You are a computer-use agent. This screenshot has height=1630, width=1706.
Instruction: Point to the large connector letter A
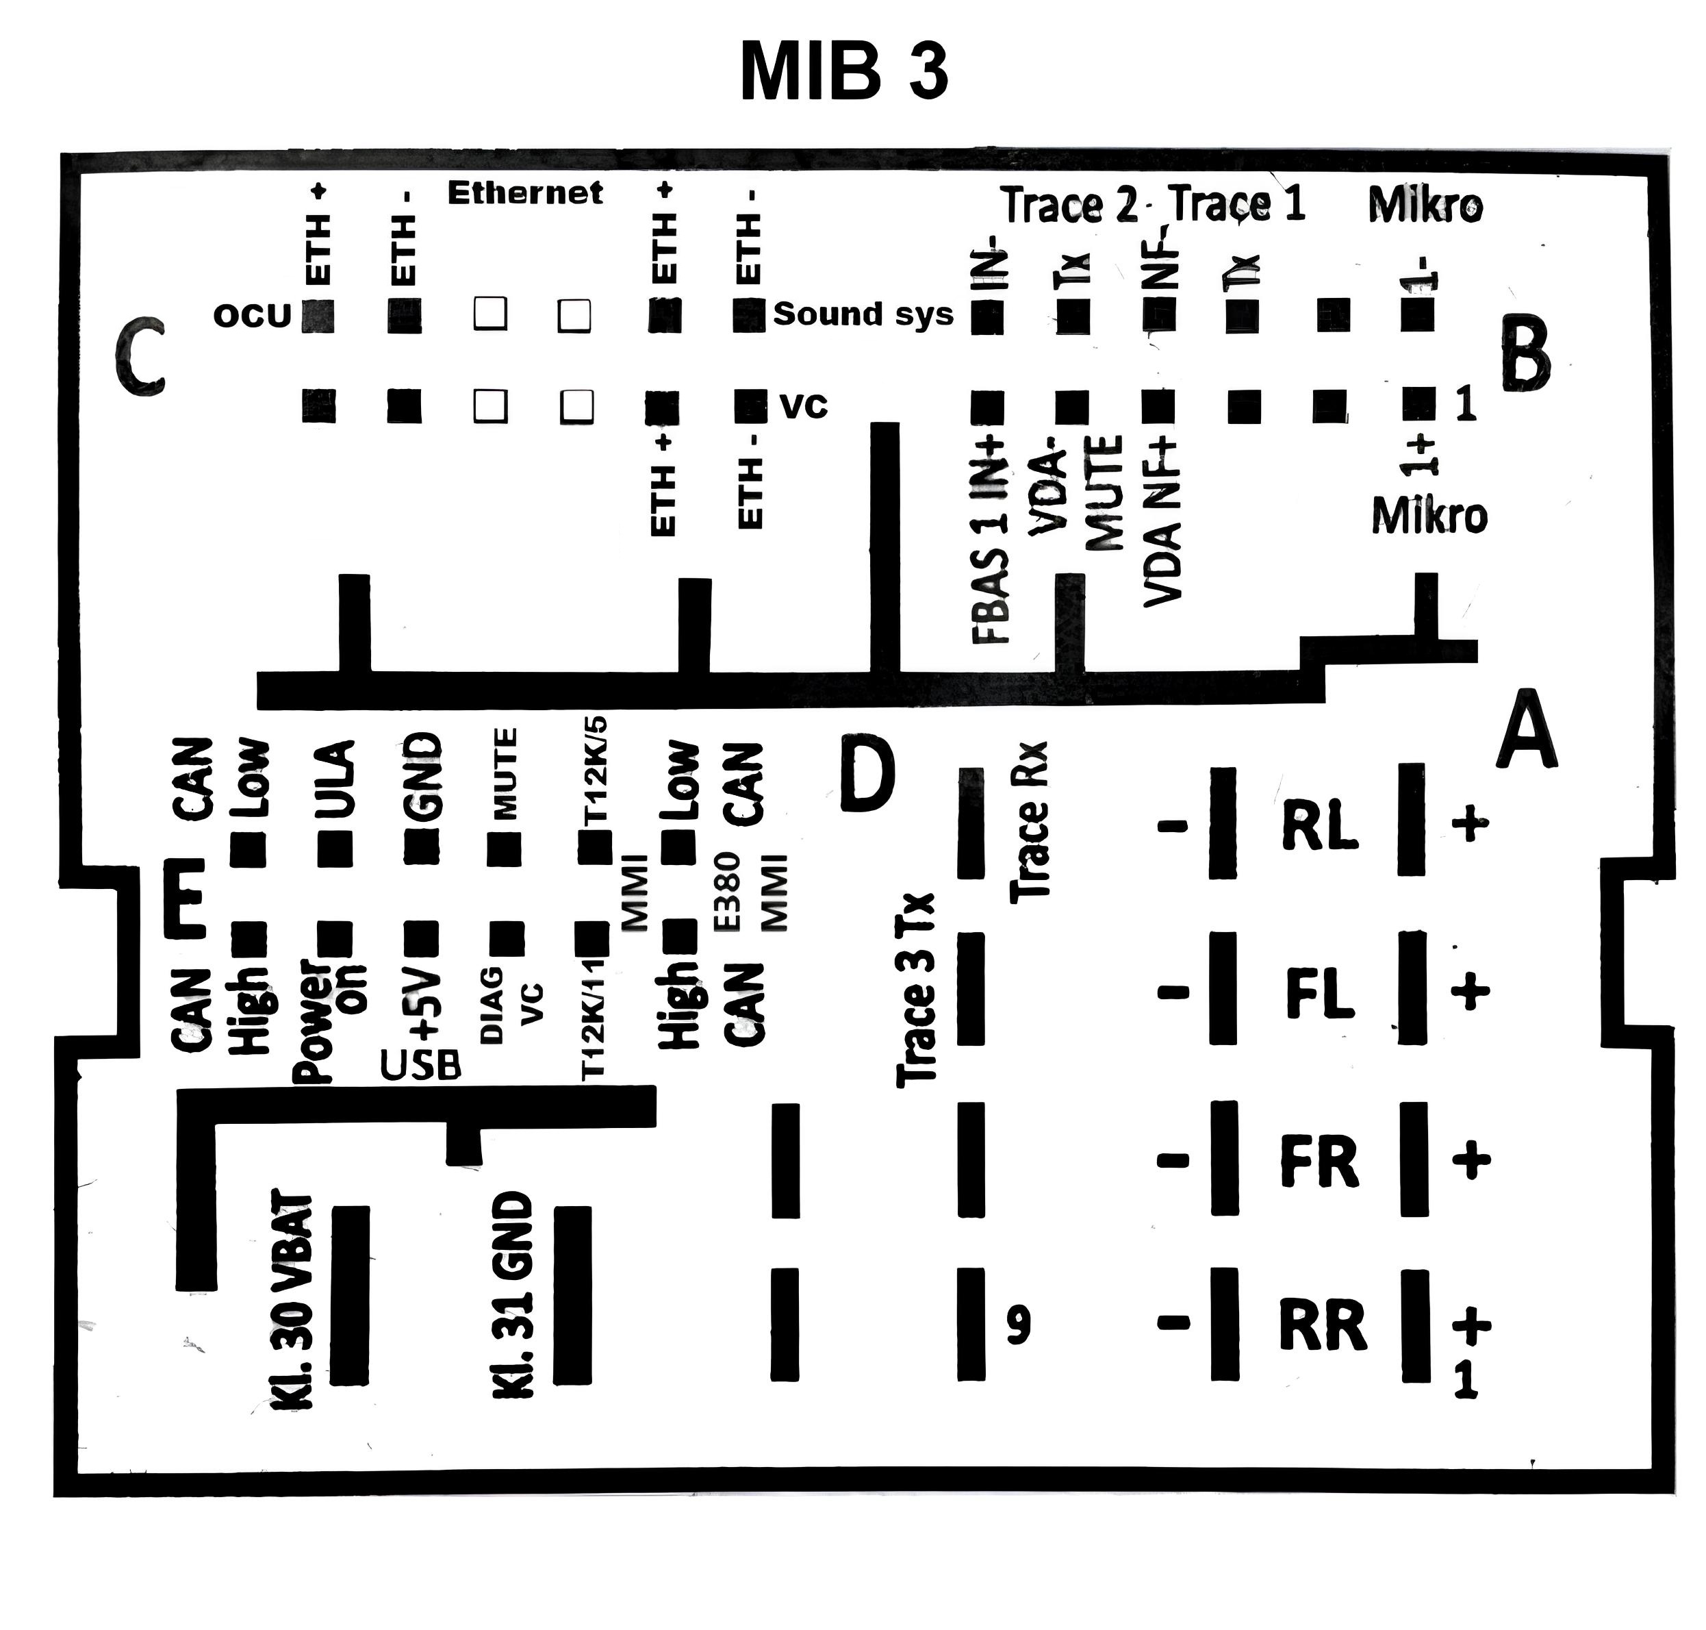coord(1526,731)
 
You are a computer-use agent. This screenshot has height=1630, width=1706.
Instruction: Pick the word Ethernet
coord(524,193)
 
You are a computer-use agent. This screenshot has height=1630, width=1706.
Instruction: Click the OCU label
coord(252,316)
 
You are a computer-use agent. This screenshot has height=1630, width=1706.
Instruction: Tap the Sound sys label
coord(863,314)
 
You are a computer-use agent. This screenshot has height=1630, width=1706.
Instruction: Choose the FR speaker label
coord(1319,1162)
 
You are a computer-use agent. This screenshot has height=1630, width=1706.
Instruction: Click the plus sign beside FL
coord(1470,992)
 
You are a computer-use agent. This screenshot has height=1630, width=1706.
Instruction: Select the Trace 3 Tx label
coord(915,990)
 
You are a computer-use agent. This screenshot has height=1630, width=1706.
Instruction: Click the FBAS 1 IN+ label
coord(990,540)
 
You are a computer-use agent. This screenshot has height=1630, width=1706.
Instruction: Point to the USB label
coord(420,1064)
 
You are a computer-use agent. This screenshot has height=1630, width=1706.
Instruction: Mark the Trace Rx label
coord(1030,821)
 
